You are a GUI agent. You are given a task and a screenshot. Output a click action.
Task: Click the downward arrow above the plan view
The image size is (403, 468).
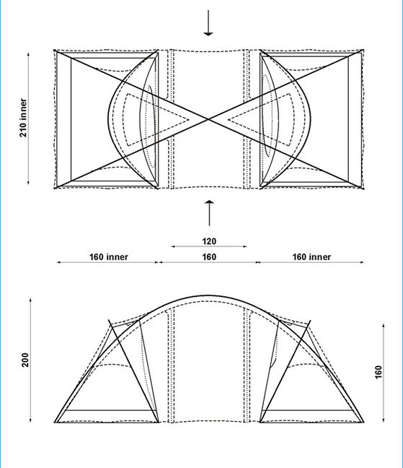(x=208, y=22)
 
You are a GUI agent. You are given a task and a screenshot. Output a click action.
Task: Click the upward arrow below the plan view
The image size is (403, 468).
(x=209, y=213)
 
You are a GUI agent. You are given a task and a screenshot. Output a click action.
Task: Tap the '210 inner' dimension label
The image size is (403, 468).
(x=23, y=118)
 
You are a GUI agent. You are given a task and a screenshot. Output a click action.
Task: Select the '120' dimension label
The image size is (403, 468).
(x=209, y=241)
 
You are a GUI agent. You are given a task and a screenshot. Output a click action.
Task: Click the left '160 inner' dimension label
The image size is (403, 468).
(x=109, y=257)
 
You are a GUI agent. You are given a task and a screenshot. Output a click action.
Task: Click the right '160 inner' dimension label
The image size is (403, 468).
(x=311, y=257)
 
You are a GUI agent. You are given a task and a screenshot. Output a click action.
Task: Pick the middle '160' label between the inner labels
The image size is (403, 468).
(x=209, y=257)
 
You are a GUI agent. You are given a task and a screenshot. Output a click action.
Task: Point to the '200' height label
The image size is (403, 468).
(x=25, y=360)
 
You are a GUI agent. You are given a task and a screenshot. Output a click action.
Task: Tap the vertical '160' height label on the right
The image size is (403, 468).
(x=378, y=372)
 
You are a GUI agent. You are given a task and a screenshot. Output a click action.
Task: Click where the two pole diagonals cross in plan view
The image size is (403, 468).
(x=208, y=119)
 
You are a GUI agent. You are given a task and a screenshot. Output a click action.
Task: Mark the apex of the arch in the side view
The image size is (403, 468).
(x=208, y=296)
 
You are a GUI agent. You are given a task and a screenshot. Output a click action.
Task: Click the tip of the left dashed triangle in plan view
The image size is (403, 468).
(x=189, y=120)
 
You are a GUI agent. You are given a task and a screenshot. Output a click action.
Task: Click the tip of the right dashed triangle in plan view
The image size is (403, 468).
(x=228, y=120)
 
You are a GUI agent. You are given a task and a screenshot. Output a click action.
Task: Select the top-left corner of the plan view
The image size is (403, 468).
(x=55, y=51)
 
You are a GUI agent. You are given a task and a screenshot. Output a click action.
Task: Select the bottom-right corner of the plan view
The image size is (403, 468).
(x=363, y=188)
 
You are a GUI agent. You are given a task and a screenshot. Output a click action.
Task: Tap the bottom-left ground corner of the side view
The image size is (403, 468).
(x=55, y=422)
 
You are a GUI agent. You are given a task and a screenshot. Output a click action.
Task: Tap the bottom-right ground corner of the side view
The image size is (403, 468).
(x=363, y=422)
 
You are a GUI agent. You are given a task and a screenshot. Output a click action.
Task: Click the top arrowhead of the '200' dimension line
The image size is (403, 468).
(x=30, y=300)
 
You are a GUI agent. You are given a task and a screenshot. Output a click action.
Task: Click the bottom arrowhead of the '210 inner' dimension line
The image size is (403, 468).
(x=28, y=183)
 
